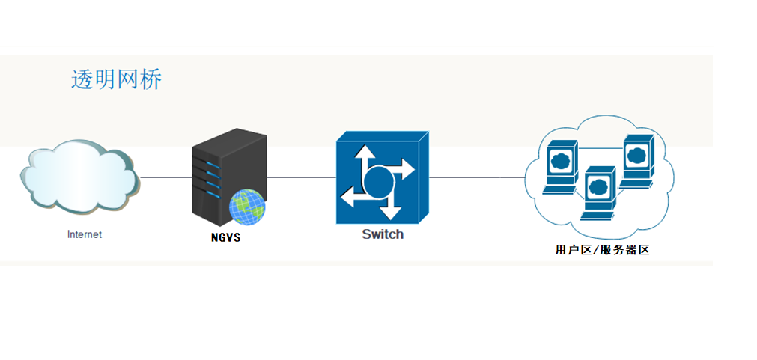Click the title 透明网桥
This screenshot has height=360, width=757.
(116, 80)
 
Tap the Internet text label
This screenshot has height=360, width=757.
(84, 234)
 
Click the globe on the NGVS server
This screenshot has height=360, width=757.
(247, 207)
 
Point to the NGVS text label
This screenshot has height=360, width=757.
(226, 240)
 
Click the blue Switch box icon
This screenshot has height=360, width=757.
(382, 178)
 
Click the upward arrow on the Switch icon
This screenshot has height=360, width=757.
(365, 156)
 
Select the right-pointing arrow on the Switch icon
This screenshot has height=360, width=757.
(404, 169)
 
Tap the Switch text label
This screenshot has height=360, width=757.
(383, 234)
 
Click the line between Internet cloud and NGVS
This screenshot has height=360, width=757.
(165, 177)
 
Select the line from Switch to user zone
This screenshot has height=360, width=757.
(476, 177)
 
